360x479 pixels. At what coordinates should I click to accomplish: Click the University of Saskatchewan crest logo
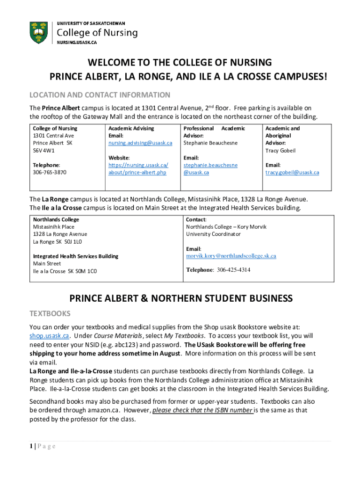(x=38, y=32)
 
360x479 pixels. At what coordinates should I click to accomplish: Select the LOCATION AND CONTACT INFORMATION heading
(x=100, y=95)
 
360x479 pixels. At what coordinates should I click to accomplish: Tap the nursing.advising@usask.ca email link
(x=140, y=143)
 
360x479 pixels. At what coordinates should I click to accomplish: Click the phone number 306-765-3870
(x=50, y=172)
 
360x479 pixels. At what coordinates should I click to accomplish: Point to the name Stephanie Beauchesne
(x=210, y=143)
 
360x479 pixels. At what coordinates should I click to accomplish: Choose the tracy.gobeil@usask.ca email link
(x=292, y=172)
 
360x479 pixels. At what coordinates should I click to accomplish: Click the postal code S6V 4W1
(x=43, y=151)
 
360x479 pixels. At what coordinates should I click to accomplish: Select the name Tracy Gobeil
(x=281, y=151)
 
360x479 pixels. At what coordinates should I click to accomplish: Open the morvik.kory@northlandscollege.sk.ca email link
(x=231, y=256)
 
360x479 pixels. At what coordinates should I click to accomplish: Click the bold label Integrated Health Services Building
(x=75, y=256)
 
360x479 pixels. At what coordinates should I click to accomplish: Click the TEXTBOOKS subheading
(x=50, y=313)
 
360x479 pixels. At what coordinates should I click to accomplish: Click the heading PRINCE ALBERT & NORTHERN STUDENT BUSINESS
(x=181, y=298)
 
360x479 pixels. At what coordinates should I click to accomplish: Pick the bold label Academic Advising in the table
(x=131, y=128)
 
